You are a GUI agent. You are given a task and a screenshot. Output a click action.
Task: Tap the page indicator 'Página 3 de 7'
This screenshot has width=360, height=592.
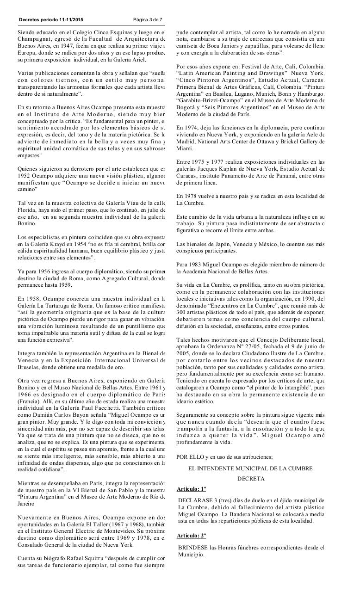[x=148, y=19]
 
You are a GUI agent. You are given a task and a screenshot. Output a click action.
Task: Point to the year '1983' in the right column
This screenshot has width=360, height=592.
[x=196, y=264]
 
